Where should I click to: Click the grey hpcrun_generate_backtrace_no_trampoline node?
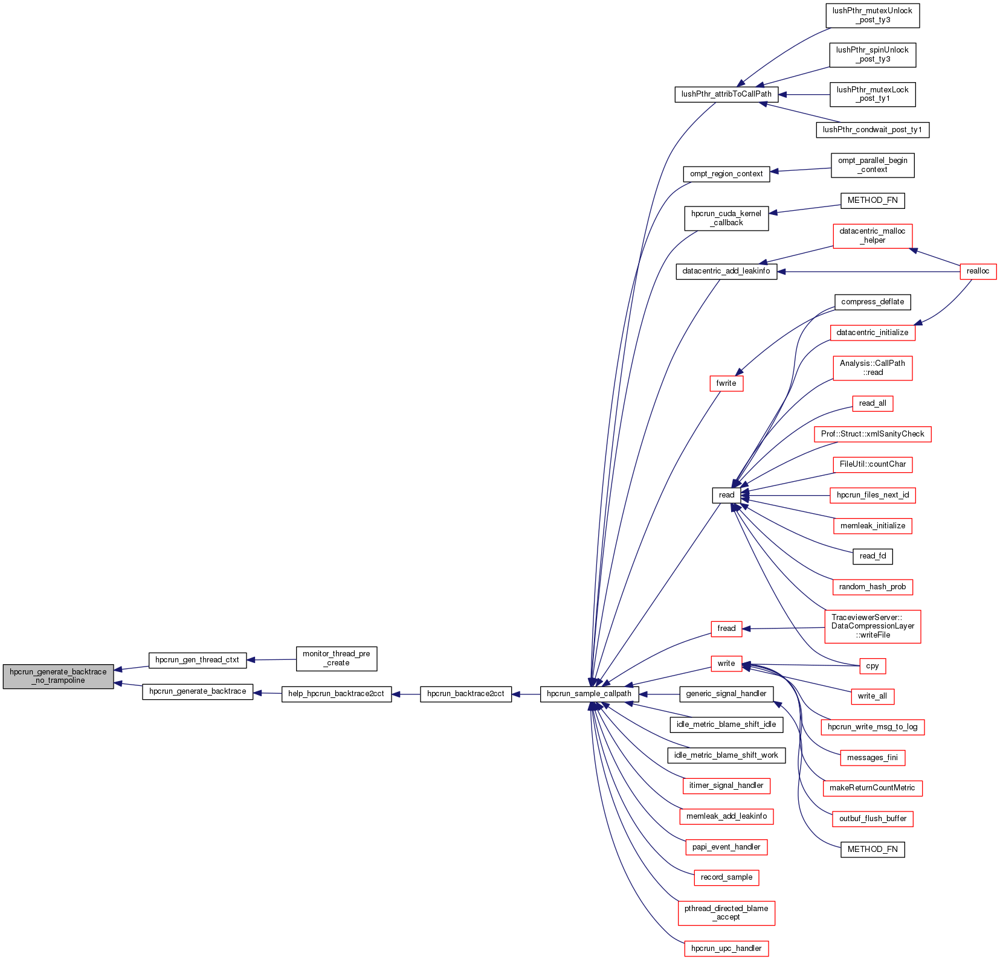58,676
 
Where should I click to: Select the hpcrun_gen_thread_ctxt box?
197,660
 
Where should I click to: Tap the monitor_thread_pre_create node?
336,658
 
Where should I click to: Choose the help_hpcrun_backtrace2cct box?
336,694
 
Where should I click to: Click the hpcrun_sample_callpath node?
589,694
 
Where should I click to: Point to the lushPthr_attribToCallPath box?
726,94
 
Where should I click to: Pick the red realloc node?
978,271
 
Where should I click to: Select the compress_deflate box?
872,302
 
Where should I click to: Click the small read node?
726,495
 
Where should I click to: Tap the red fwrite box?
726,383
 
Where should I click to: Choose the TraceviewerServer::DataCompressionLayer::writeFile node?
873,626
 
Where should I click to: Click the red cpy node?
872,666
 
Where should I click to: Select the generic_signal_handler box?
726,694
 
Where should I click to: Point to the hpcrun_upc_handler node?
726,949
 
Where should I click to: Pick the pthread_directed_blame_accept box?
726,912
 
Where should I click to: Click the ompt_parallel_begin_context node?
872,165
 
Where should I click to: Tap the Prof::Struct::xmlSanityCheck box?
872,434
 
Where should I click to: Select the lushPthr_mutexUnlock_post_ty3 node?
872,16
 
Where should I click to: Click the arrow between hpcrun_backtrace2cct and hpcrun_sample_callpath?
526,694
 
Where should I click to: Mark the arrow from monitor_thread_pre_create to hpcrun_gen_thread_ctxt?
271,660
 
